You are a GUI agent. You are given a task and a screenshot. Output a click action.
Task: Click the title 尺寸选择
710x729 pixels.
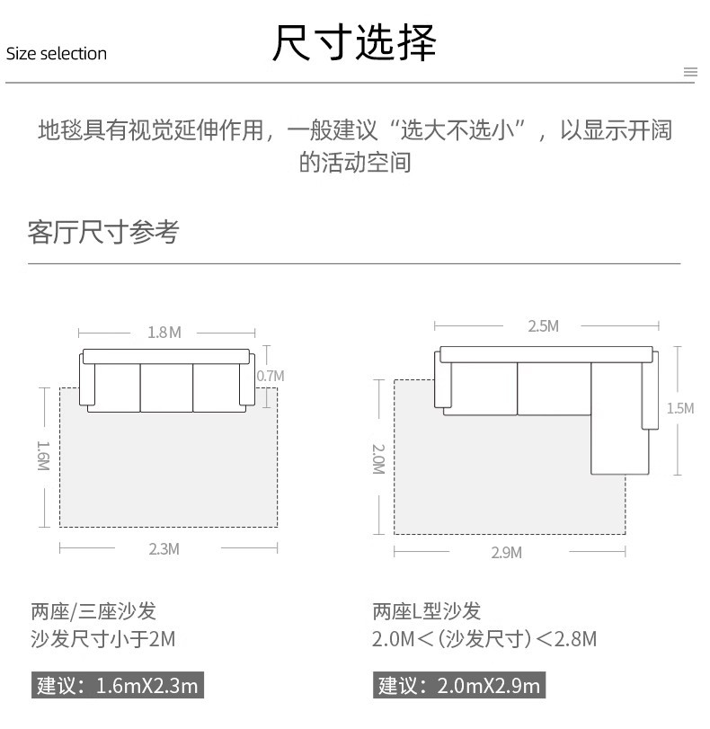354,43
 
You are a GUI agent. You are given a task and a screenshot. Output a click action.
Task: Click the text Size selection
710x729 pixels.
57,54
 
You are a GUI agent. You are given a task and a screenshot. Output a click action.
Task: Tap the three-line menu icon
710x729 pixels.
690,72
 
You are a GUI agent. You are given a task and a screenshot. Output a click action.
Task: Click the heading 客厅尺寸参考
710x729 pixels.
103,232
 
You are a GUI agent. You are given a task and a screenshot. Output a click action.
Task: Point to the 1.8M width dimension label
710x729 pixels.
164,333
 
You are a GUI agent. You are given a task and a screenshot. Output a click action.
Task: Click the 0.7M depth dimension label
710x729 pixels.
270,375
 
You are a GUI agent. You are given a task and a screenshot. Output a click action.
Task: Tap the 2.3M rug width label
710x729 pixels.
164,548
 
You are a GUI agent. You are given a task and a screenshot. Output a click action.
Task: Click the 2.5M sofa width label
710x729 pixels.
543,326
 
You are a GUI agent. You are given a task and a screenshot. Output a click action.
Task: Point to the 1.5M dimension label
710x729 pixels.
679,408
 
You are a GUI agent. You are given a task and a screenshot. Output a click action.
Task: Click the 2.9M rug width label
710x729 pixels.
506,553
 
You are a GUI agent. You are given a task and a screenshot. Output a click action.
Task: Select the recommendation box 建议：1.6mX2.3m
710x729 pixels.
116,686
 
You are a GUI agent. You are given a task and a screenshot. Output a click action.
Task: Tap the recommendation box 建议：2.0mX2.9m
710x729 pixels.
459,686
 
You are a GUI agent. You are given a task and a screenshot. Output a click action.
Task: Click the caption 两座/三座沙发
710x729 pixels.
93,611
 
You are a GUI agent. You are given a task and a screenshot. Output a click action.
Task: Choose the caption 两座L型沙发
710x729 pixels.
427,611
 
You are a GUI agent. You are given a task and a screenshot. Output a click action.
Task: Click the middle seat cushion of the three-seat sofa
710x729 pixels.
166,387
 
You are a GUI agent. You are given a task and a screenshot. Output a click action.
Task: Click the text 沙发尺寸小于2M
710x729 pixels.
102,640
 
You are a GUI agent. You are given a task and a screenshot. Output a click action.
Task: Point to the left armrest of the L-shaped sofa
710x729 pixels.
441,380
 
